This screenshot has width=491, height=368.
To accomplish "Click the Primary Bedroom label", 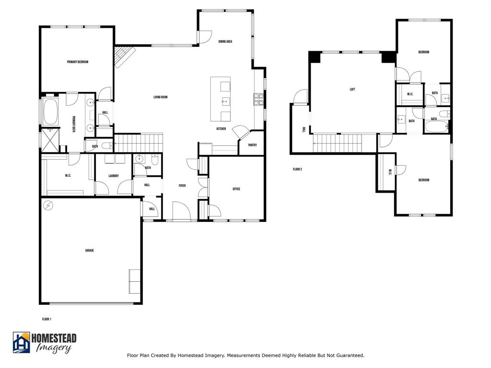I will [x=77, y=62].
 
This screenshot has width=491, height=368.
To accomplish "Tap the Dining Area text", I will [x=225, y=42].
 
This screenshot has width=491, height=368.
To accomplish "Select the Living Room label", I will [x=160, y=97].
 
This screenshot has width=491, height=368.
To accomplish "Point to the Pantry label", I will [x=252, y=145].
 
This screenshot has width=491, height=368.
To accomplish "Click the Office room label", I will [x=236, y=189].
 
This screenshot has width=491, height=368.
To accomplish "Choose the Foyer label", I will [x=182, y=186].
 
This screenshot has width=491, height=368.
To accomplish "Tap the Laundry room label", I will [x=114, y=176].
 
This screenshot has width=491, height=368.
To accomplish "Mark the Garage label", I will [x=90, y=251].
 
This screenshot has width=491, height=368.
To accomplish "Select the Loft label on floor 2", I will [x=352, y=90].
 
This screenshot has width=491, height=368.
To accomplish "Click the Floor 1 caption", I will [x=47, y=319].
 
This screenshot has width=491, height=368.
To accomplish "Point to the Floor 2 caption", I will [x=297, y=169].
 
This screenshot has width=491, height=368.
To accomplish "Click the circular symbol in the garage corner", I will [x=48, y=206].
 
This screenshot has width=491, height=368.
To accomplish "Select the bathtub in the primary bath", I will [x=50, y=112].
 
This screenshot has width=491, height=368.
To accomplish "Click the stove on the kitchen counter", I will [x=258, y=99].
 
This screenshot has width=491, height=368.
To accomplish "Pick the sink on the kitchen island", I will [x=225, y=101].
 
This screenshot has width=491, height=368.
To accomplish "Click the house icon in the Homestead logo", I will [x=21, y=343].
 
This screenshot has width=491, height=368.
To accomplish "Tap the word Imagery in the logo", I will [x=54, y=348].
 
